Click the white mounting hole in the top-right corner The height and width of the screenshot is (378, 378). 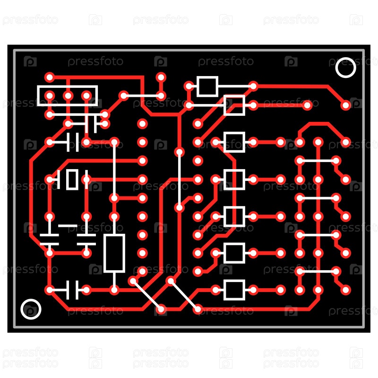click(x=345, y=68)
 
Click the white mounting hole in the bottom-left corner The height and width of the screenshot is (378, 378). click(x=31, y=309)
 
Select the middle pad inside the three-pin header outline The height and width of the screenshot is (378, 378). click(x=68, y=96)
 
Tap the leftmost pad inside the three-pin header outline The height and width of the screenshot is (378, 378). click(x=50, y=96)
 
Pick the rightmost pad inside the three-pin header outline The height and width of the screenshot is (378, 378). click(x=86, y=96)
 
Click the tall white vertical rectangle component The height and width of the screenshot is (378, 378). click(x=114, y=253)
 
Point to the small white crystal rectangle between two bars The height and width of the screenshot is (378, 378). click(x=72, y=180)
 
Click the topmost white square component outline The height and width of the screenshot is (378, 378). click(x=207, y=86)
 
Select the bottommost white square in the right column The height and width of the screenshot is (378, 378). click(x=234, y=290)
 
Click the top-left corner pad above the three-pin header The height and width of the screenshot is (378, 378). click(x=50, y=77)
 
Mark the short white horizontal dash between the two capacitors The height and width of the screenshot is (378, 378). click(x=68, y=226)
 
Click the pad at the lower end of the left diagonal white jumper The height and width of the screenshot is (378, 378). click(x=161, y=309)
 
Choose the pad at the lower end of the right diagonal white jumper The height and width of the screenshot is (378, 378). click(x=198, y=309)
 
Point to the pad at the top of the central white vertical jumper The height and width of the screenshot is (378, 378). click(x=180, y=152)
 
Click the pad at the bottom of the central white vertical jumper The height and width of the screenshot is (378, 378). click(x=180, y=207)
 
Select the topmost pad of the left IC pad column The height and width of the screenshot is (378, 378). click(x=142, y=124)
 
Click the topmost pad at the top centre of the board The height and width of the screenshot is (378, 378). click(x=161, y=77)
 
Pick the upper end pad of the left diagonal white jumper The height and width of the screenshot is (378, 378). click(x=133, y=281)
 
